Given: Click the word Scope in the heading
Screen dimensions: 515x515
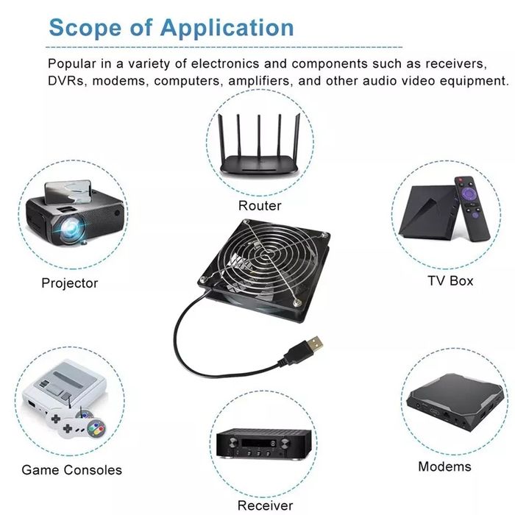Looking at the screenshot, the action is [x=85, y=28].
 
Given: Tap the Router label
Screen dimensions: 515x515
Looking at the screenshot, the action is [x=260, y=205].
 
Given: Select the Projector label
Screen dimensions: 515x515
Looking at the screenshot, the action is [x=70, y=283].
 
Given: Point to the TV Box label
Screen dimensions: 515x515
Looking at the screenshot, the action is [x=450, y=281].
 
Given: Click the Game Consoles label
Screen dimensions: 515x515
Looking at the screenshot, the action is [x=71, y=469].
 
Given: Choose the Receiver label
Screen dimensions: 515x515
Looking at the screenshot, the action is [x=265, y=505].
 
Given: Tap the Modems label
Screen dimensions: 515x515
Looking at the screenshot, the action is [x=444, y=466].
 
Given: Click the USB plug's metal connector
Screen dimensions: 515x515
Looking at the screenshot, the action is [x=315, y=344].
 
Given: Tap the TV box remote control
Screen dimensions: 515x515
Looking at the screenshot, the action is [x=472, y=208].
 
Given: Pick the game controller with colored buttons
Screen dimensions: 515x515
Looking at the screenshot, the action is [x=83, y=427].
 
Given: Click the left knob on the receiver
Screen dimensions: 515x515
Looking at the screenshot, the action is [x=232, y=443].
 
